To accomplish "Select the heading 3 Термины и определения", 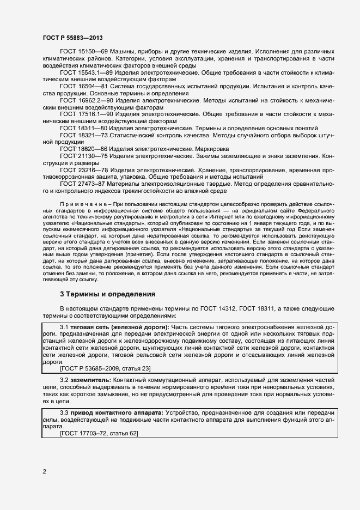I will pyautogui.click(x=107, y=294).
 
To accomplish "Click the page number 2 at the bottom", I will pyautogui.click(x=45, y=471).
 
